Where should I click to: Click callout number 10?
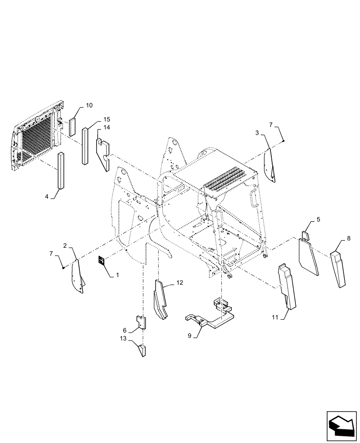pyautogui.click(x=89, y=105)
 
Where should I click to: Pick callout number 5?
pyautogui.click(x=317, y=220)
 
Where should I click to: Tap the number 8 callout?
pyautogui.click(x=348, y=238)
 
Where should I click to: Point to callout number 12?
pyautogui.click(x=179, y=282)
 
